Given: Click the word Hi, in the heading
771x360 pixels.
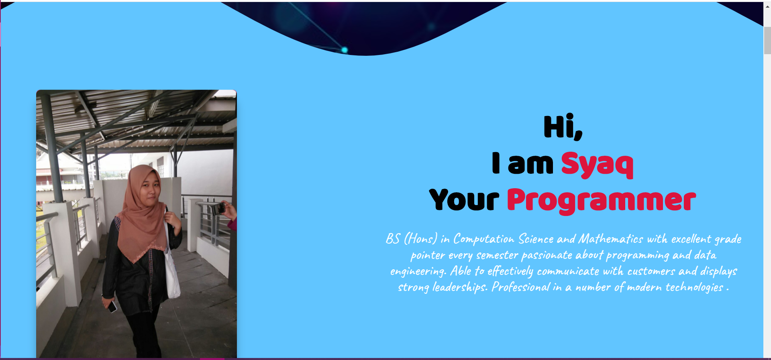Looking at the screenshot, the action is pos(563,127).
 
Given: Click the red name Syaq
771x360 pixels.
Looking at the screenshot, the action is pos(597,164).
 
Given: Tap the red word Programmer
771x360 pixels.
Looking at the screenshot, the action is pos(601,200).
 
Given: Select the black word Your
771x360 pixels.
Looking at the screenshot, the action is pos(464,199).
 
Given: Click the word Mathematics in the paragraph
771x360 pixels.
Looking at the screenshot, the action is pos(610,239).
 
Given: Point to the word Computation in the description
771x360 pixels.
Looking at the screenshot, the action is pos(483,239).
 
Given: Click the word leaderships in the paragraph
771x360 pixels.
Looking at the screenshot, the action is pos(460,287).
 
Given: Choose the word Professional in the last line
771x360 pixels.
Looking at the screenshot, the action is pos(521,287).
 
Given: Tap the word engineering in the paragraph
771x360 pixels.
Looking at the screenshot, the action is pos(418,272).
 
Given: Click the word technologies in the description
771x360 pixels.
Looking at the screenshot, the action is pos(694,287).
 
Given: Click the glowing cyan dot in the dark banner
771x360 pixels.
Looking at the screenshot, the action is pos(345,50).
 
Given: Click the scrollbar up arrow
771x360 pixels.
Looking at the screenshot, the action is pos(767,6).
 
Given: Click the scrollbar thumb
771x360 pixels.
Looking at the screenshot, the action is pos(767,40).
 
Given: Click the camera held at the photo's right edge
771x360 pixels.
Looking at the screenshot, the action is pos(218,208).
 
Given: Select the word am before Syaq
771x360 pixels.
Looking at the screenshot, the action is pos(530,165).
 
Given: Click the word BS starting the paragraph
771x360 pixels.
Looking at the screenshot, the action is pos(393,239).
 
